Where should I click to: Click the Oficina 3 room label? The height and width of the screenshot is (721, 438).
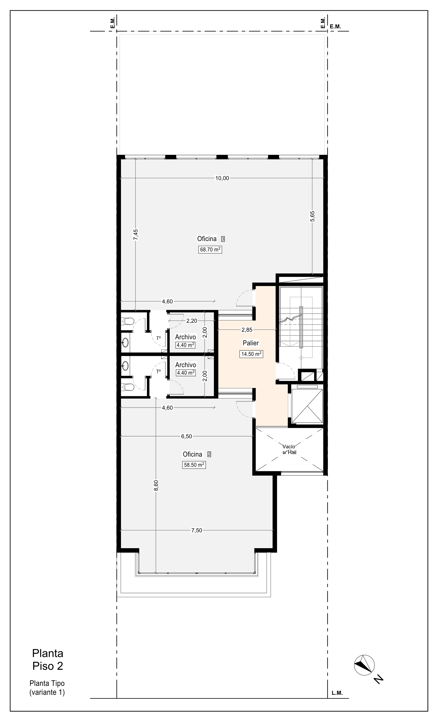(211, 239)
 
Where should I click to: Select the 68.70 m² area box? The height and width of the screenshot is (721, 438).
(210, 250)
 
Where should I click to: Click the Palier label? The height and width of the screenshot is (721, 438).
(251, 343)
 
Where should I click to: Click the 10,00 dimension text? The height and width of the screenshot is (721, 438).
(222, 178)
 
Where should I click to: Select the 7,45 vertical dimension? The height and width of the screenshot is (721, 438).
(136, 235)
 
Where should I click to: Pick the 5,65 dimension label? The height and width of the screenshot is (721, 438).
(312, 217)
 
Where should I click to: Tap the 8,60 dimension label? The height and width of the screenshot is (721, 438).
(156, 486)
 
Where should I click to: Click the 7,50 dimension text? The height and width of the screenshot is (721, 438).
(197, 530)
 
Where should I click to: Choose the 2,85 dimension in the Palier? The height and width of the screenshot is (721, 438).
(247, 330)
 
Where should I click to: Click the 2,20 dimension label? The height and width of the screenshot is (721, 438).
(192, 321)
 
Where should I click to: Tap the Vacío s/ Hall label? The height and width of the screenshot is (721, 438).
(289, 449)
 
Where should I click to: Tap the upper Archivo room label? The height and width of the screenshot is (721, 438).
(185, 337)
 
